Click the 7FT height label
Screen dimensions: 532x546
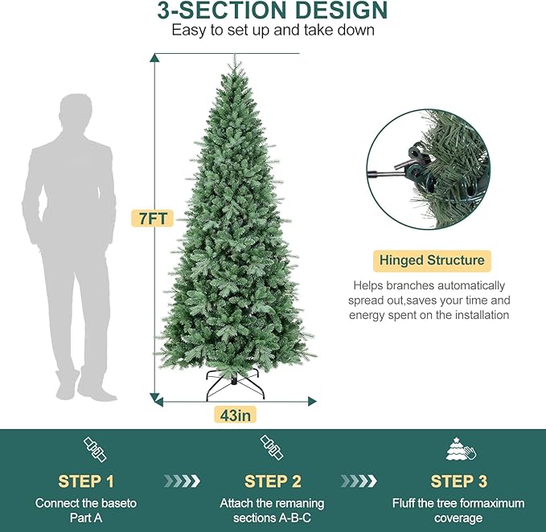(x=154, y=218)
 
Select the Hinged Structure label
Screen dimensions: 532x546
(x=432, y=260)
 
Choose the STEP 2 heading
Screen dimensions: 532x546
(x=273, y=481)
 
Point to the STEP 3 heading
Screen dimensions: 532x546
(x=458, y=481)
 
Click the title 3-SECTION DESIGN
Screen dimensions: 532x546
(x=273, y=11)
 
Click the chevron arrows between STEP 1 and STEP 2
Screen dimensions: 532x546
(x=182, y=481)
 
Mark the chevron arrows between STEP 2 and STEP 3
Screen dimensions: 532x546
(x=358, y=481)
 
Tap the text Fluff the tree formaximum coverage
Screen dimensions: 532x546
(x=458, y=510)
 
